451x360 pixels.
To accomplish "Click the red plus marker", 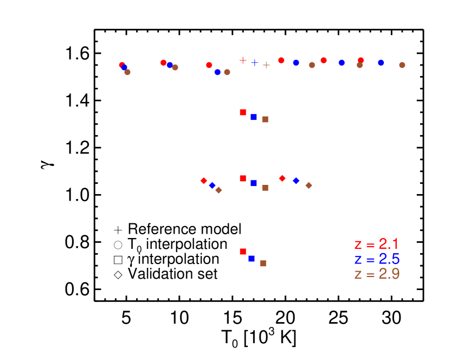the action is pos(243,60).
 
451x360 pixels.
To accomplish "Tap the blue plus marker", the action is pos(255,62).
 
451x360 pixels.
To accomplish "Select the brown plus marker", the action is pos(266,65).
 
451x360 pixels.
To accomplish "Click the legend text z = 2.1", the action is pos(376,244).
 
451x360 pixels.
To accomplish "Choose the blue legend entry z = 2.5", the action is pos(376,259).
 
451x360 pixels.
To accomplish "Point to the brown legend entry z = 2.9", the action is pos(376,274).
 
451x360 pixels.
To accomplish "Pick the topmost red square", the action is pos(243,112).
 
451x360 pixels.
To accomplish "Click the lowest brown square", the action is pos(263,263).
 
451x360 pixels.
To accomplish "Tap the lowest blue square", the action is pos(252,259).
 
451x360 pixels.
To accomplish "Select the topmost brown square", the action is pos(265,119).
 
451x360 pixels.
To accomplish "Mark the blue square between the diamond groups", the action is pos(254,183).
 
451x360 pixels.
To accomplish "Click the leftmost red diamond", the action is pos(204,181).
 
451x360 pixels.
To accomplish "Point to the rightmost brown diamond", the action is pos(308,185).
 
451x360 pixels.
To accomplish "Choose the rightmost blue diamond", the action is pos(296,181).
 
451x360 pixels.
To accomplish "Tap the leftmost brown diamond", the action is pos(218,190).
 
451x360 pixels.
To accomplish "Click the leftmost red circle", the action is pos(122,65).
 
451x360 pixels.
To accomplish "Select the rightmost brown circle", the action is pos(402,65).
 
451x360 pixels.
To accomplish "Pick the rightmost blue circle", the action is pos(381,63).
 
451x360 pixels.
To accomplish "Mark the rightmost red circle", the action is pos(361,60).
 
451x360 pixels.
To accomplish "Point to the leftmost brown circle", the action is pos(127,72).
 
